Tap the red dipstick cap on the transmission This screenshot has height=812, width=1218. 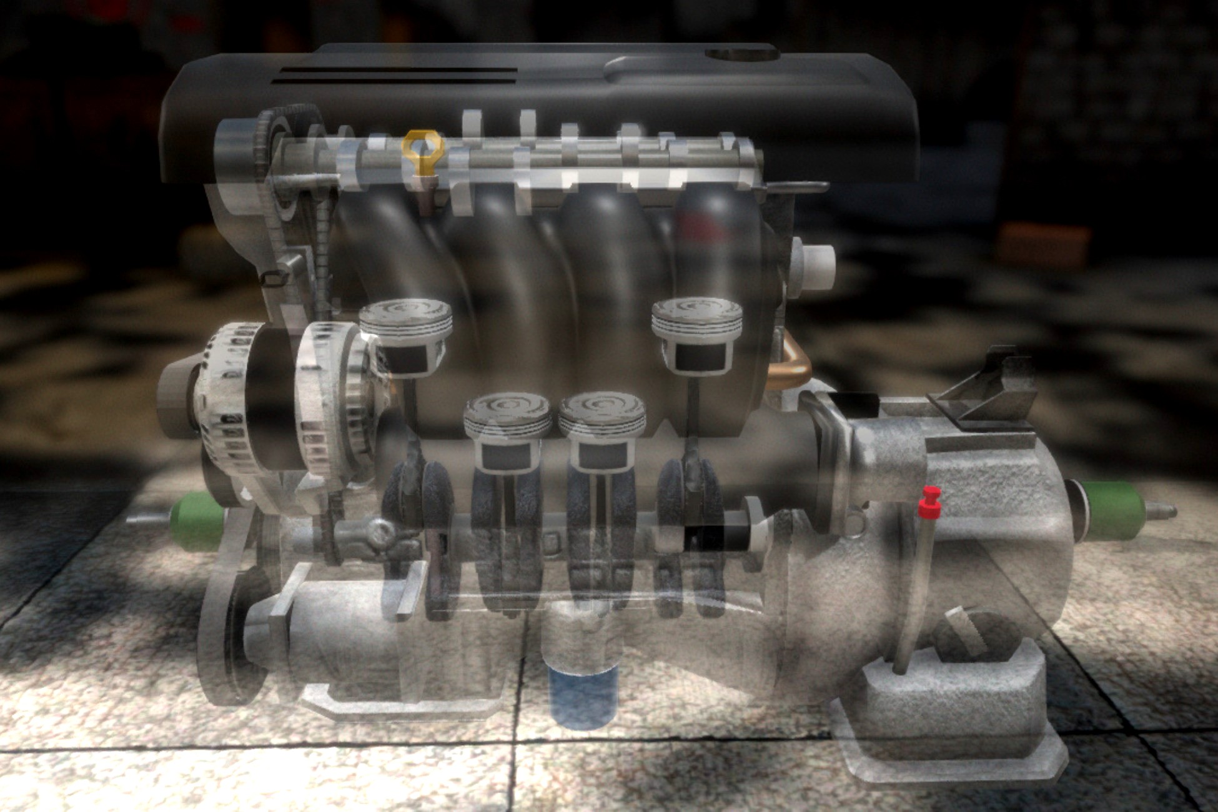tap(929, 503)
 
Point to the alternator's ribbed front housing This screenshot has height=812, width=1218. tap(222, 400)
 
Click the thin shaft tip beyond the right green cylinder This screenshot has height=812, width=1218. tap(1162, 512)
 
